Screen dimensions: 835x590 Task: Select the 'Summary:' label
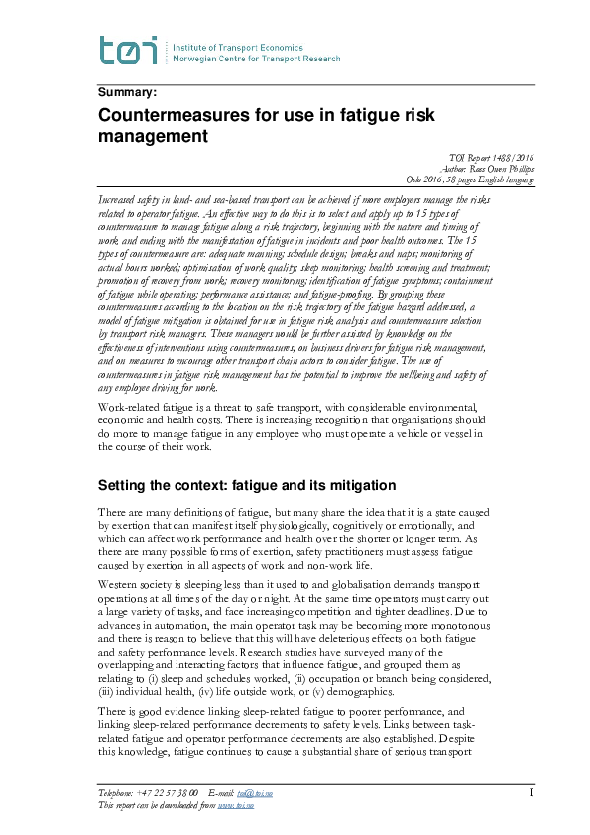pos(127,93)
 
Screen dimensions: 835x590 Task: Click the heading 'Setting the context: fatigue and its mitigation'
pos(247,486)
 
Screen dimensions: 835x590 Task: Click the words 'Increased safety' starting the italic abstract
pos(132,200)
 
